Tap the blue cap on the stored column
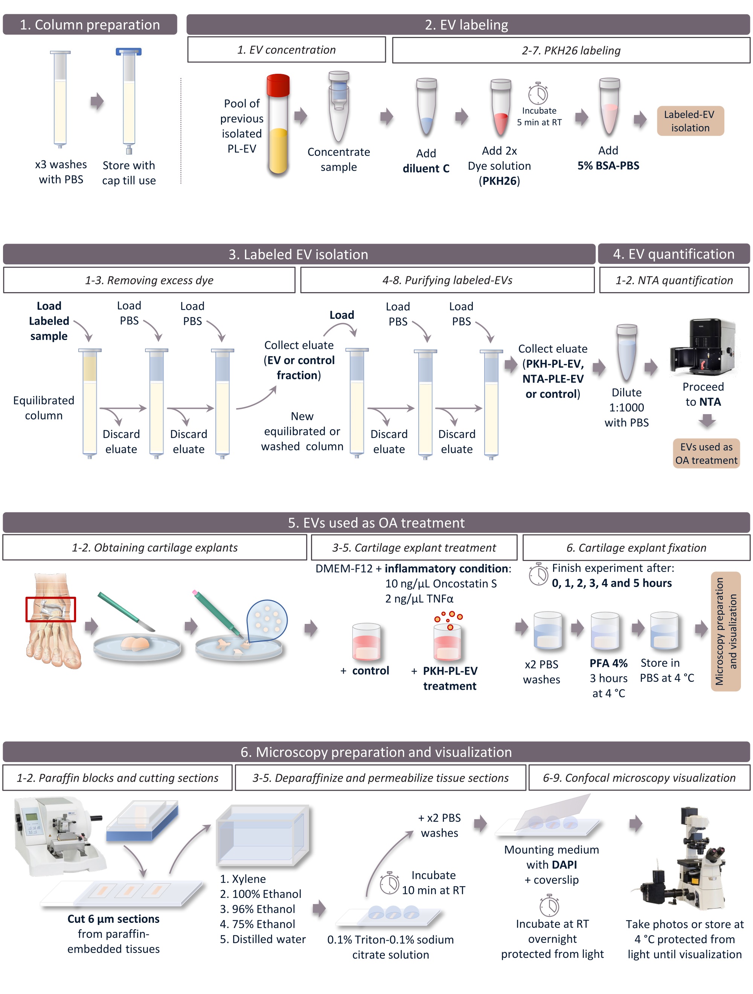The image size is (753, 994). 128,52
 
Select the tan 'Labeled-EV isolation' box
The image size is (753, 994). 690,121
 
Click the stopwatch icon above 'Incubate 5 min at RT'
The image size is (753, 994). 538,93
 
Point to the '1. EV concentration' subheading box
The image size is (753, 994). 286,49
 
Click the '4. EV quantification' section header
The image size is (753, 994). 673,254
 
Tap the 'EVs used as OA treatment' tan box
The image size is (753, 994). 706,453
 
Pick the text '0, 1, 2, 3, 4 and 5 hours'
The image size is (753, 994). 611,583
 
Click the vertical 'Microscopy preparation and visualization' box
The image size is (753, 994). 726,631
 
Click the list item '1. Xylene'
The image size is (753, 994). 242,879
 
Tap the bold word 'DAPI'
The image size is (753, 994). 564,864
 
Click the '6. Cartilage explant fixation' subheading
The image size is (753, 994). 636,547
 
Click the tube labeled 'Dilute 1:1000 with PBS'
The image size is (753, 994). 626,352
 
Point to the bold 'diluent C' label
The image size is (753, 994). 426,169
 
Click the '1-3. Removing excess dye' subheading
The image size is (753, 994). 149,280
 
